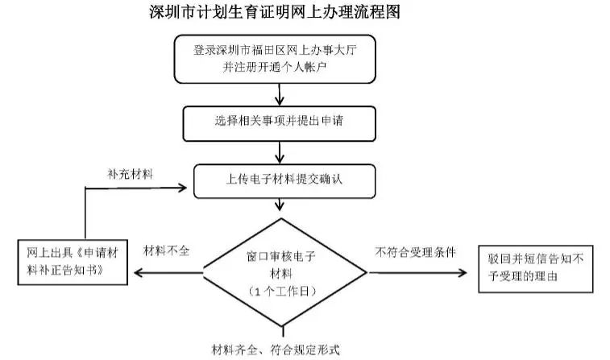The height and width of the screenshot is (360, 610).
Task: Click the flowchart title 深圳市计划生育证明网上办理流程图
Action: coord(275,12)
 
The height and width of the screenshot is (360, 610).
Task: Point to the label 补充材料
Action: coord(131,173)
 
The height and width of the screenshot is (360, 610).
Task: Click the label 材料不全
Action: coord(167,251)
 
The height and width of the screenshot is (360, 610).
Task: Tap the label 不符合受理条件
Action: coord(415,251)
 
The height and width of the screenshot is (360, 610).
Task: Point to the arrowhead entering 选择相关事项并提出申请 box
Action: coord(279,101)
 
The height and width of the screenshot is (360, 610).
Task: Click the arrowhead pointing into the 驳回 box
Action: coord(463,272)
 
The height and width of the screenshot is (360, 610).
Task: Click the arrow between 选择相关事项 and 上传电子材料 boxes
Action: coord(279,151)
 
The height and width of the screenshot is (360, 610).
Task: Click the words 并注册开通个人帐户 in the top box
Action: coord(279,68)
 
